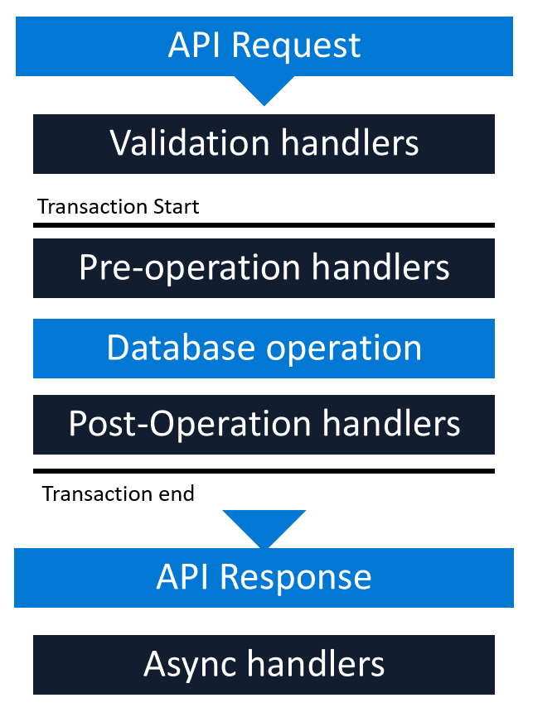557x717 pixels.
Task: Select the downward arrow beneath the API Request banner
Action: pyautogui.click(x=264, y=90)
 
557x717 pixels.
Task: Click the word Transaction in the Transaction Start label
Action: pyautogui.click(x=89, y=206)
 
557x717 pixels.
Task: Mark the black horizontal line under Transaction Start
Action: pyautogui.click(x=264, y=224)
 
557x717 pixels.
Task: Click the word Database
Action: pyautogui.click(x=180, y=348)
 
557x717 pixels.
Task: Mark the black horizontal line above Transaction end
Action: pyautogui.click(x=264, y=471)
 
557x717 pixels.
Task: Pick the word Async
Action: pyautogui.click(x=193, y=664)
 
